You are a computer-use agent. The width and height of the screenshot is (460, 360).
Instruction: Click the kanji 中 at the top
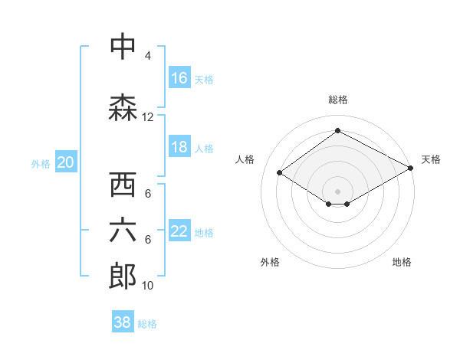[123, 47]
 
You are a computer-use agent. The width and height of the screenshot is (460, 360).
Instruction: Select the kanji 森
[123, 107]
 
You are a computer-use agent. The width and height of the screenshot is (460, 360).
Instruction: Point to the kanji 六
[123, 231]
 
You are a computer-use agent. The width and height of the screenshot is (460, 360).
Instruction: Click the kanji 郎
[123, 277]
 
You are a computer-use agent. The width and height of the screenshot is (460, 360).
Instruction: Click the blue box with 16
[179, 78]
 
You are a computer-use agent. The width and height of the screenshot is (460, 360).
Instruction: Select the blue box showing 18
[179, 147]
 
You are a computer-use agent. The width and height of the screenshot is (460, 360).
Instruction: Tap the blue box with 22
[179, 232]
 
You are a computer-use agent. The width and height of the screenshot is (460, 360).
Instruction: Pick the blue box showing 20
[66, 162]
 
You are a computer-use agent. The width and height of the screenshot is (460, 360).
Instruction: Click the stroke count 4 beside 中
[148, 56]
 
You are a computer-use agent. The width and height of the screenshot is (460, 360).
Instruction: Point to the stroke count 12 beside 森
[148, 117]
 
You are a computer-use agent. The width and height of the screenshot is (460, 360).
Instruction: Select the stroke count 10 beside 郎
[148, 286]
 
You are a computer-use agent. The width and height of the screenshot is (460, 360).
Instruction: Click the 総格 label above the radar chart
[337, 100]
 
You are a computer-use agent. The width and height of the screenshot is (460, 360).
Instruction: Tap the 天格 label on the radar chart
[431, 159]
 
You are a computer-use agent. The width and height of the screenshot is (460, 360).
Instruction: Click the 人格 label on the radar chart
[245, 159]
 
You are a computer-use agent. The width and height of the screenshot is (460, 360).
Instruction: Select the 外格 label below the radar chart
[270, 262]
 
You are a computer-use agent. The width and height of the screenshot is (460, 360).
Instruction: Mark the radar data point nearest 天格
[412, 168]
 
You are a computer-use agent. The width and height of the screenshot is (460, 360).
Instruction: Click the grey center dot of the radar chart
[337, 190]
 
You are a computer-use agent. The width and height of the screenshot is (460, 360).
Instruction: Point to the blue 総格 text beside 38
[147, 324]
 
